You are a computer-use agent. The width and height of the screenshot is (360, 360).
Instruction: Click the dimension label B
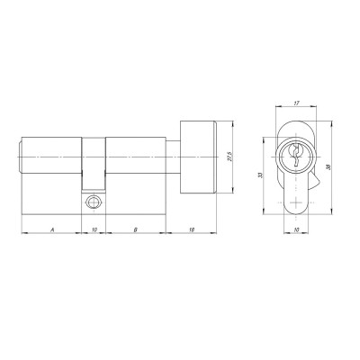(135, 230)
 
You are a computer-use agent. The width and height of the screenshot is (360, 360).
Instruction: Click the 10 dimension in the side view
(94, 230)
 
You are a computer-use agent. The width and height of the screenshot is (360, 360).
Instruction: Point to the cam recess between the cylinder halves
(94, 171)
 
